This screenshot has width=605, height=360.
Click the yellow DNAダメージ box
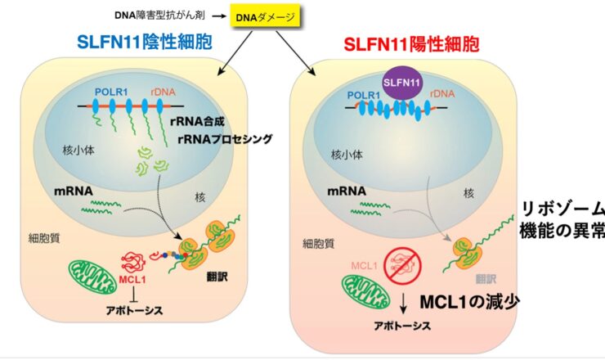[265, 17]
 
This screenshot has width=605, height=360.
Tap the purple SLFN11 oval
[401, 83]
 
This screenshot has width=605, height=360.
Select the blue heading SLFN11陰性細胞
[145, 42]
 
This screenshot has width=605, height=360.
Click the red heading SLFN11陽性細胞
[411, 44]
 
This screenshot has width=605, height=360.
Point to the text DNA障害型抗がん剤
[159, 16]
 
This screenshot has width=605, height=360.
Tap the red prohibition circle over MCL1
[403, 265]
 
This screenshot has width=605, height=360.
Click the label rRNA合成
[197, 122]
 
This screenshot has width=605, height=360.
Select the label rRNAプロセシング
[226, 138]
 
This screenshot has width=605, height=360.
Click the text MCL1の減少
[469, 302]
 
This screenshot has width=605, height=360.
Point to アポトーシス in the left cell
[135, 310]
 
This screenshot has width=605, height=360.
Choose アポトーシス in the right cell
[402, 326]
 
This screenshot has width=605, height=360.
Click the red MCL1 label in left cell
[132, 279]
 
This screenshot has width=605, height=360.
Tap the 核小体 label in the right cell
[347, 155]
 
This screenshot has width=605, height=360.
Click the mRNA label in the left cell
[74, 191]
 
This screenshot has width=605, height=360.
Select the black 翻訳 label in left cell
[217, 277]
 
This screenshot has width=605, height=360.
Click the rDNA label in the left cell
[163, 92]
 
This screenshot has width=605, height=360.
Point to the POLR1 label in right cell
[364, 95]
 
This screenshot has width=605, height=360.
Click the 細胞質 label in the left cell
[44, 238]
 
